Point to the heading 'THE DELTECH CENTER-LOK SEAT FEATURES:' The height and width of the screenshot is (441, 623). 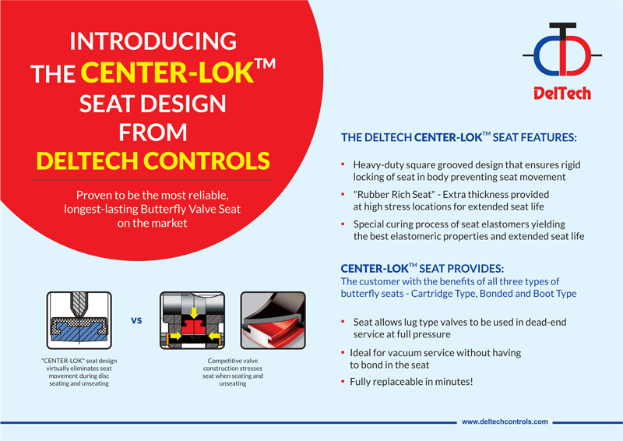point(459,138)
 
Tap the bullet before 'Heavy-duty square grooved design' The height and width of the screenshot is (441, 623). point(344,166)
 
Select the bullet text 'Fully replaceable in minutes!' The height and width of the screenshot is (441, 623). point(413,381)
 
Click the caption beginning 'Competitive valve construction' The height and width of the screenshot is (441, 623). point(227,372)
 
